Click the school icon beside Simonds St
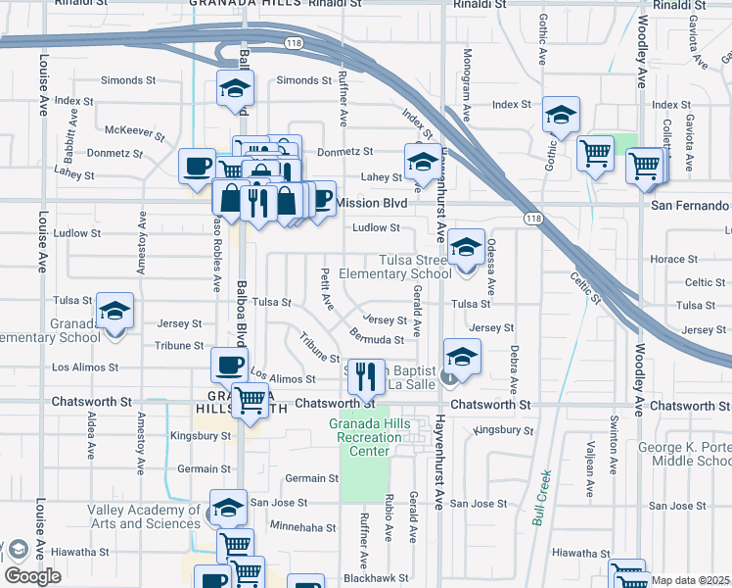(x=235, y=88)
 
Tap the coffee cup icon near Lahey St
(x=197, y=164)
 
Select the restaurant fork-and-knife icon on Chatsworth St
(x=366, y=374)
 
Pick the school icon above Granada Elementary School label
(x=115, y=311)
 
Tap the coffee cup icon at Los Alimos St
(x=229, y=365)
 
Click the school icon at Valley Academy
(x=227, y=508)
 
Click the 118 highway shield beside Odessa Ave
(x=531, y=217)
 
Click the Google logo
(x=32, y=575)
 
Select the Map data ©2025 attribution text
(x=690, y=580)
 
